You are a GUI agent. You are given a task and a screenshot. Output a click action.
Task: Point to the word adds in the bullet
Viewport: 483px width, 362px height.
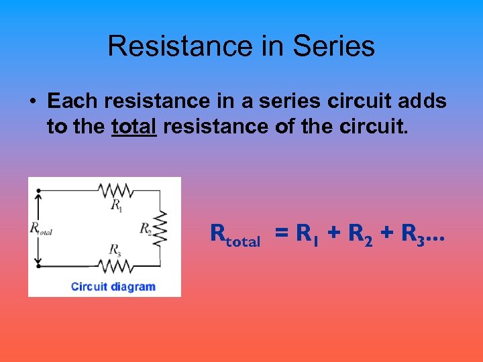[x=421, y=101]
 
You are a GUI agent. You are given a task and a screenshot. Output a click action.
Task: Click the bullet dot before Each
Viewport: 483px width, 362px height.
[x=32, y=101]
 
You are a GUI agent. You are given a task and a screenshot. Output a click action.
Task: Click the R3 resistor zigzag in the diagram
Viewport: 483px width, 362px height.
[x=117, y=265]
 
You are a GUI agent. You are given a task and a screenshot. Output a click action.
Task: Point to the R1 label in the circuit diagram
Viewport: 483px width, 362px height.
[x=117, y=204]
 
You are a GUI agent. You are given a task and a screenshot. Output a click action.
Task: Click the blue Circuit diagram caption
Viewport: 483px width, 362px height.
[x=113, y=287]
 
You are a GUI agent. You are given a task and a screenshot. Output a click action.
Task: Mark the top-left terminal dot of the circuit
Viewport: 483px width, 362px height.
[x=39, y=190]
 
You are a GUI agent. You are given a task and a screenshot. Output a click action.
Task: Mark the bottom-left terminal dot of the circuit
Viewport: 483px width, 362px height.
[x=39, y=265]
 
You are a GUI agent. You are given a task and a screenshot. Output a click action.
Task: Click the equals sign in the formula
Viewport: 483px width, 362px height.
[x=282, y=234]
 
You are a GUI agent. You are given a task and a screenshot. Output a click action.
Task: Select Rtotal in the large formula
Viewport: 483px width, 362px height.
[x=235, y=235]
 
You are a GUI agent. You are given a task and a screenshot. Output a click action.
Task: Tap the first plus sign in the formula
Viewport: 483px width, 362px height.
[x=335, y=234]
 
